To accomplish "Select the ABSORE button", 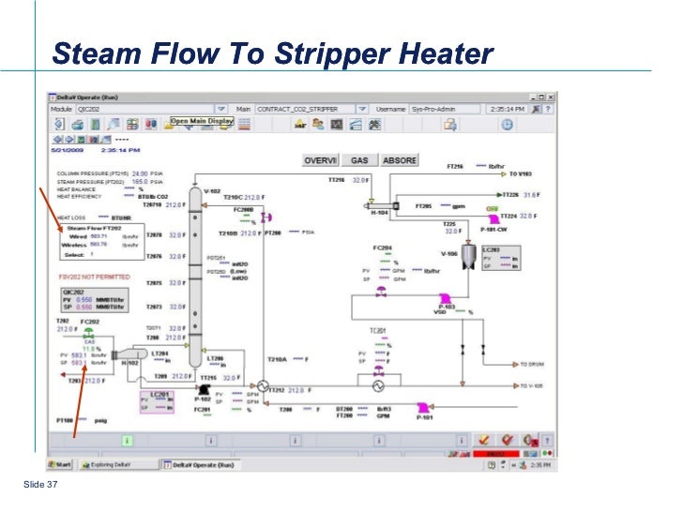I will coord(399,161).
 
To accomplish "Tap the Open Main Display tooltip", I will coord(202,122).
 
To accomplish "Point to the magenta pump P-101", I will coord(424,406).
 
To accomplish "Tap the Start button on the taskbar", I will coord(62,464).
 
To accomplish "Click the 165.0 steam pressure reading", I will coord(139,182).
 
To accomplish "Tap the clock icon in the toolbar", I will coord(508,123).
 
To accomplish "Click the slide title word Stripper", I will coord(336,54).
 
